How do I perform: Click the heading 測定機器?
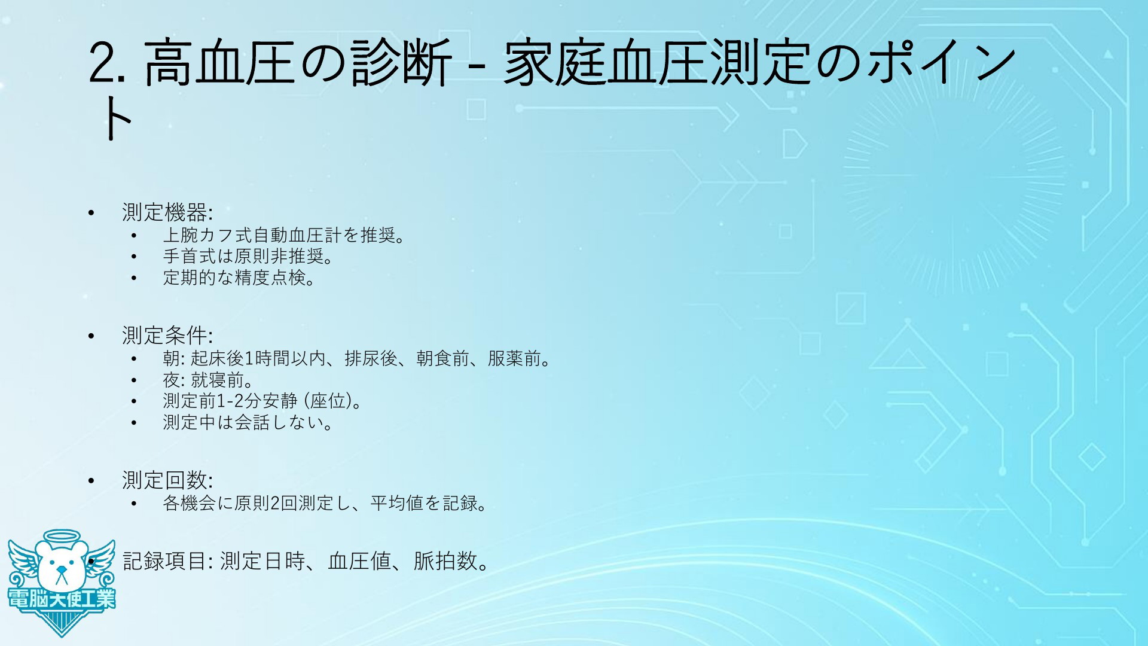click(x=167, y=212)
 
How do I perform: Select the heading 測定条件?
click(x=167, y=336)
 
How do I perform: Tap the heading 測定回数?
click(x=167, y=480)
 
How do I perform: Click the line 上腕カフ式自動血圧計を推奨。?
click(x=285, y=235)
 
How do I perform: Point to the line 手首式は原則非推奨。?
click(x=249, y=257)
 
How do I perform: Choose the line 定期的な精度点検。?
click(x=240, y=278)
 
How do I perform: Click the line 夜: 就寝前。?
click(x=209, y=380)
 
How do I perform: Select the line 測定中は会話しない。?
click(x=249, y=423)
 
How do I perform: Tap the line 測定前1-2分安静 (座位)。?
click(x=263, y=401)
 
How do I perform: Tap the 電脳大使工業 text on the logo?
click(x=62, y=599)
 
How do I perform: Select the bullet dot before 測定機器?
click(x=91, y=213)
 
